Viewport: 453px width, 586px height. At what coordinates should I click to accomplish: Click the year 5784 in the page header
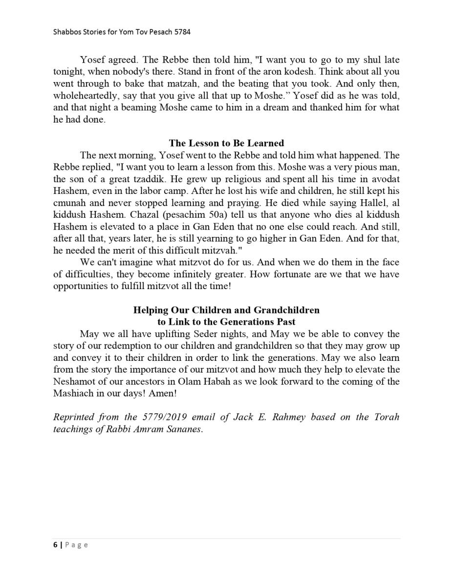pyautogui.click(x=181, y=32)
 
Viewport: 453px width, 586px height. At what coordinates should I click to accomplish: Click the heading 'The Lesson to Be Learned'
pyautogui.click(x=226, y=143)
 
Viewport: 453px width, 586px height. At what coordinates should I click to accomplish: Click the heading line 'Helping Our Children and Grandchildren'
pyautogui.click(x=226, y=310)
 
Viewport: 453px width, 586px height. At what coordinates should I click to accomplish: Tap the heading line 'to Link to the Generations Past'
pyautogui.click(x=226, y=322)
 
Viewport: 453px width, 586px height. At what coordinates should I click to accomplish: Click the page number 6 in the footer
pyautogui.click(x=55, y=545)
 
